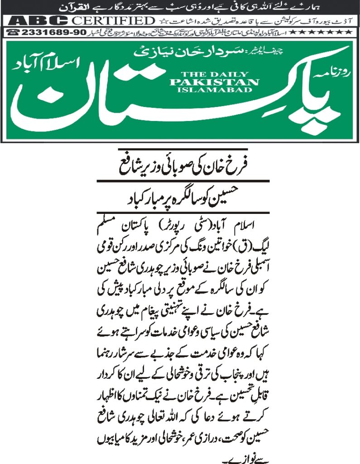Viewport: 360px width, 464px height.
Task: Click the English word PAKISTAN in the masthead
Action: pyautogui.click(x=214, y=82)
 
